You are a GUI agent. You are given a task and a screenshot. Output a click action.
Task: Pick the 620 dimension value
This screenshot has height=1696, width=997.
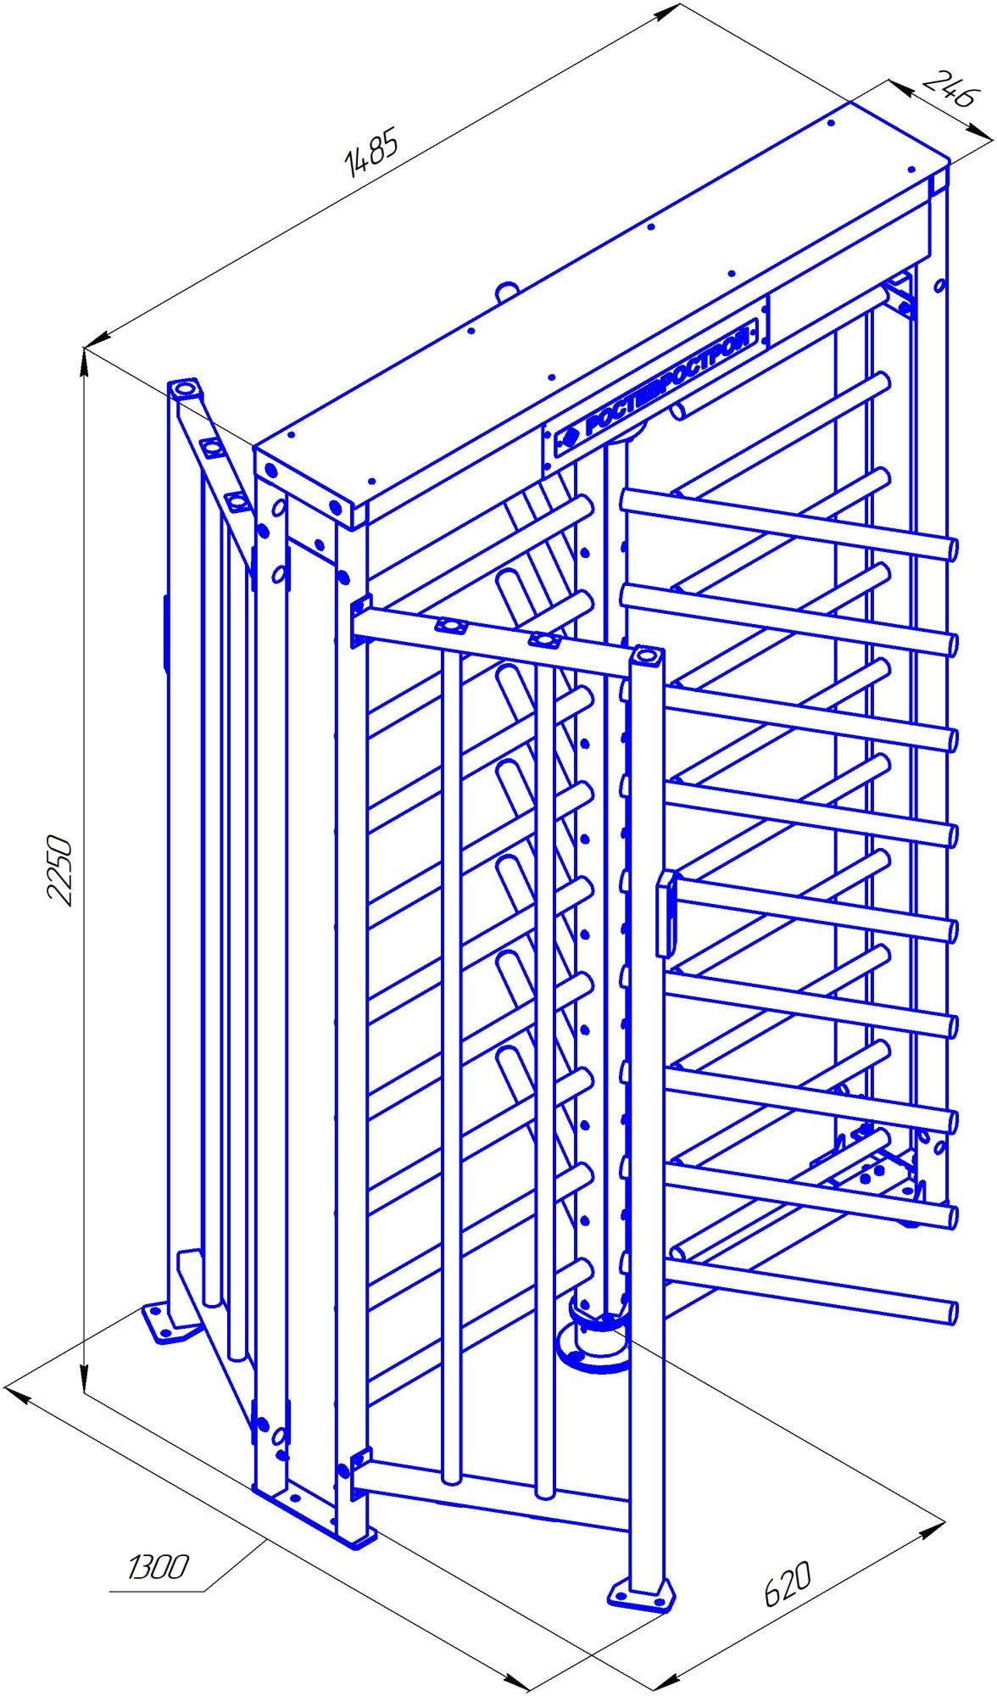point(788,1583)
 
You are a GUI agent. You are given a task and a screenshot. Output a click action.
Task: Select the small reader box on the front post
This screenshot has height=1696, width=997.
point(665,914)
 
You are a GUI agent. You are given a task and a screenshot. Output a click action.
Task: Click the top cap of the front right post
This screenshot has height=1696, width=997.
point(648,656)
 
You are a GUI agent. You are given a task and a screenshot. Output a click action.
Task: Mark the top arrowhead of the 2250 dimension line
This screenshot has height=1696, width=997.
point(84,362)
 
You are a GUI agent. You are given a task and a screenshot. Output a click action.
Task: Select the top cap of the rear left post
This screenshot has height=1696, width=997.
point(185,389)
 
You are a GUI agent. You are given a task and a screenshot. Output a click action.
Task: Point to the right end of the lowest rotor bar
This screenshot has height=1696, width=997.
point(951,1314)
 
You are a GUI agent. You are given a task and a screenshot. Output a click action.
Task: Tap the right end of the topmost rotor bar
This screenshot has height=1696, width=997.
point(951,549)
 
